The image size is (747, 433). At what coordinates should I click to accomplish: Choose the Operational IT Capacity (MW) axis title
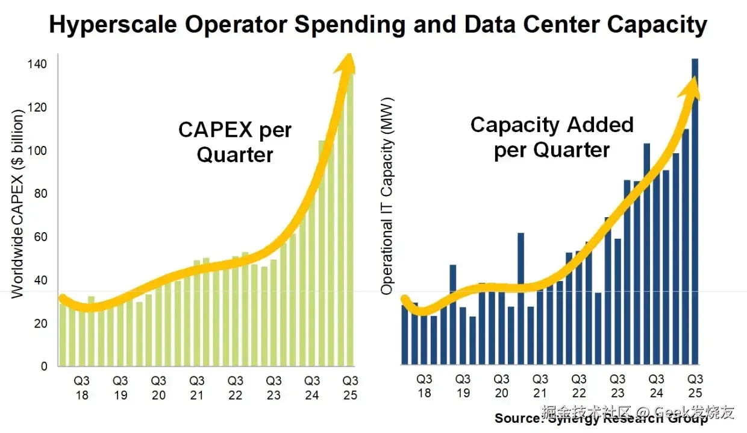click(387, 196)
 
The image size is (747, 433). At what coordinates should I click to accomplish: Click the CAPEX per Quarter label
click(235, 142)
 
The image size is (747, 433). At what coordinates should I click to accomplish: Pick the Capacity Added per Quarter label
click(552, 137)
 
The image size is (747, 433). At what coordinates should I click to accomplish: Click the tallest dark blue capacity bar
click(695, 211)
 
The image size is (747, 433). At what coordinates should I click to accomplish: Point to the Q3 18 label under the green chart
click(81, 388)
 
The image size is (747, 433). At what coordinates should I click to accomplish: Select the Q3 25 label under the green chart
click(350, 388)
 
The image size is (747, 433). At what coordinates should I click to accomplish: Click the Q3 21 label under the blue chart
click(540, 386)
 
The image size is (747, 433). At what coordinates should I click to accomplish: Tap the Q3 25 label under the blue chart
click(695, 386)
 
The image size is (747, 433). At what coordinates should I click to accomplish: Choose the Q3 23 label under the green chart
click(273, 388)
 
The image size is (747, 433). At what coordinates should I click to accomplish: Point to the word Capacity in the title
click(657, 25)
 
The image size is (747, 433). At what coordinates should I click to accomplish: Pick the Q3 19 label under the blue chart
click(463, 386)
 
